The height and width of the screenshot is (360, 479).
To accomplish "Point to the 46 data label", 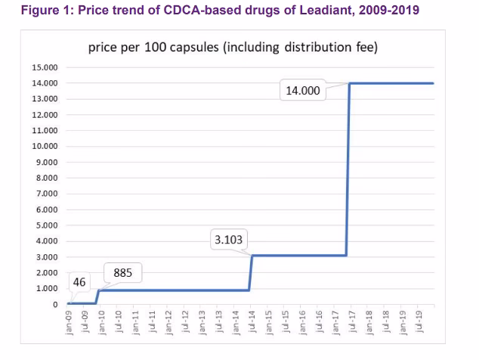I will (x=80, y=283).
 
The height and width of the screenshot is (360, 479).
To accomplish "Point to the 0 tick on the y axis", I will (x=54, y=305).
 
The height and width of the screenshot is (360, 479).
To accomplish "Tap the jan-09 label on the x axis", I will (x=67, y=323).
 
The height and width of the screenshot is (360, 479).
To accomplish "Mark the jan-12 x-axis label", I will (x=168, y=323).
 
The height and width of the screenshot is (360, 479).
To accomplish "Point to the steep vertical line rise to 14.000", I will (x=348, y=174).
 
